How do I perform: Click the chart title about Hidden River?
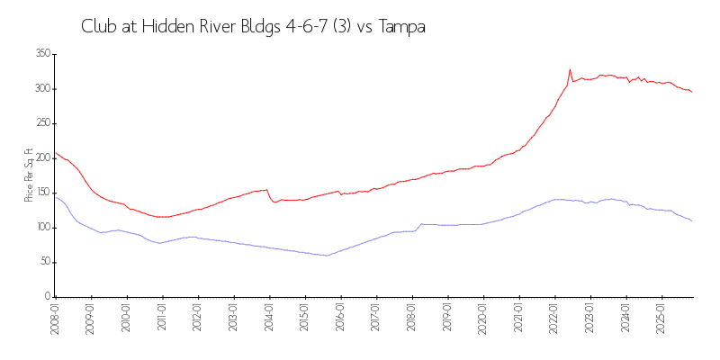click(253, 27)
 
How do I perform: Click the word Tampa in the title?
click(402, 27)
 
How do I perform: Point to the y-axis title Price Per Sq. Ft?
click(29, 175)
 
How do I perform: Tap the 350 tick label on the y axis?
click(41, 54)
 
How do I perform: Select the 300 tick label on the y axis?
click(41, 89)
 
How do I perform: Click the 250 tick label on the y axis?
click(41, 123)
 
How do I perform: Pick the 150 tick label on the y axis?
click(41, 193)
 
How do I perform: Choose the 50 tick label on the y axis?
click(43, 262)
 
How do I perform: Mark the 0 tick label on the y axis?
click(46, 296)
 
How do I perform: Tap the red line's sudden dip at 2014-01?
click(274, 202)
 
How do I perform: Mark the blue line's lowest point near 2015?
click(326, 256)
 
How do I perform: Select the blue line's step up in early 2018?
click(420, 224)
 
